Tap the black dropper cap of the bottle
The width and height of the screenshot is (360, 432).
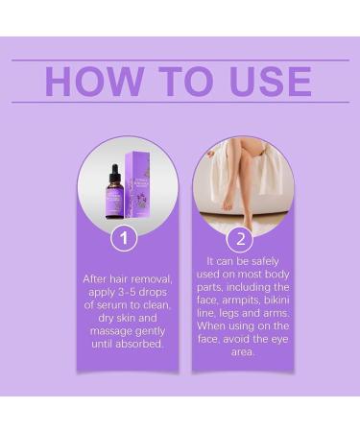coord(112,173)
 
